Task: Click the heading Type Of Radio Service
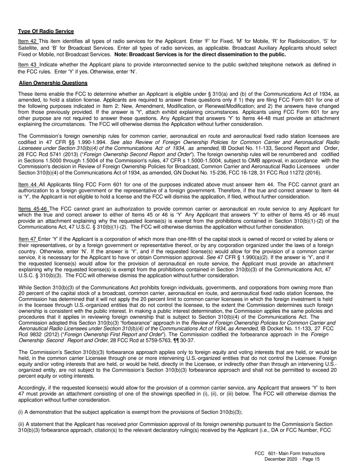(46, 31)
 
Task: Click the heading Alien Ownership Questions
(53, 83)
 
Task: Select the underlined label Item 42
(27, 41)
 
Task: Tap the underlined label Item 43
(27, 65)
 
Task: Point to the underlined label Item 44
(27, 185)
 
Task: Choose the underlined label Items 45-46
(33, 209)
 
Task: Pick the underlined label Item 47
(28, 239)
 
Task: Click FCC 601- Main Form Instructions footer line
(290, 453)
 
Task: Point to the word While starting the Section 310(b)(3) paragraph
(25, 288)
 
